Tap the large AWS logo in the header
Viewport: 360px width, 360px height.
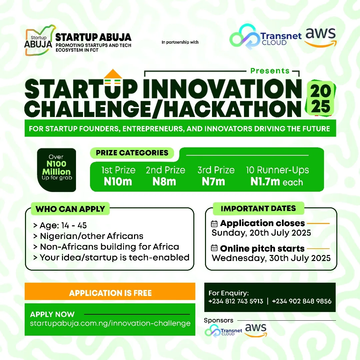click(321, 37)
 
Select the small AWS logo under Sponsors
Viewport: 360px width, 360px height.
click(256, 329)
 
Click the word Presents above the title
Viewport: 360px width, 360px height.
click(270, 71)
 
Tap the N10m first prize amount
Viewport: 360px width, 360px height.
click(118, 182)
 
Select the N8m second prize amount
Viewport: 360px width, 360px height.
click(164, 182)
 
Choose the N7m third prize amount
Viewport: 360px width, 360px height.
click(213, 182)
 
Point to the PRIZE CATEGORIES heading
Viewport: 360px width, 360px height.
click(132, 153)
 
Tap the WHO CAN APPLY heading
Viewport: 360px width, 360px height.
click(70, 209)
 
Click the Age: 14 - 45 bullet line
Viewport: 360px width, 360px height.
click(60, 226)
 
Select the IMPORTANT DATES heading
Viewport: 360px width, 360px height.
click(258, 209)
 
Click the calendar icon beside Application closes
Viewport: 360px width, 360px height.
click(215, 224)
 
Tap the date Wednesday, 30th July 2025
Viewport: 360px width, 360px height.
click(271, 258)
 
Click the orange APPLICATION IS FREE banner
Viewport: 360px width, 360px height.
click(110, 293)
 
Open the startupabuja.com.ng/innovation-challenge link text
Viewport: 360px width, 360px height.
click(110, 323)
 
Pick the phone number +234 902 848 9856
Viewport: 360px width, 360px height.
click(302, 301)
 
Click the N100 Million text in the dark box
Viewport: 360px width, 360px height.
click(56, 168)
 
